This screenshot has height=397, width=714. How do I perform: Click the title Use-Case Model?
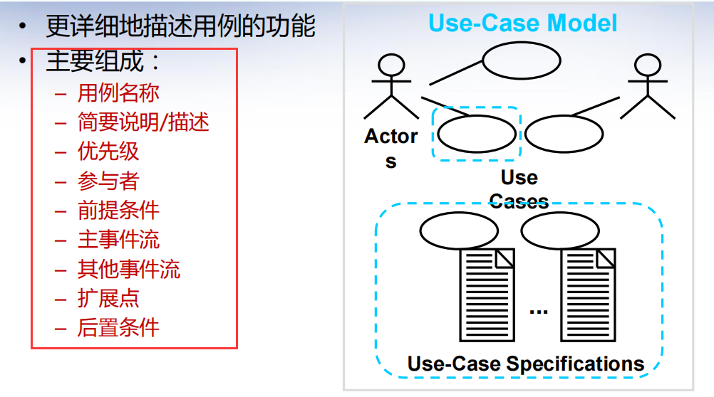pos(522,23)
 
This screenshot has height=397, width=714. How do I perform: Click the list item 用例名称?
pos(118,92)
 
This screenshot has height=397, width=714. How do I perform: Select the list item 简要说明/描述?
pos(143,122)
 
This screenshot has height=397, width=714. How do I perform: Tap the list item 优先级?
pos(108,152)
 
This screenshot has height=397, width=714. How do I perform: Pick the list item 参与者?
pos(108,181)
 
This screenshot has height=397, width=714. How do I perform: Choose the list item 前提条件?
pos(118,210)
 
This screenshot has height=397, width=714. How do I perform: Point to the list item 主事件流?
pos(118,239)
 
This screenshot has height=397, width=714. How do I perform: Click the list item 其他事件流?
pos(128,269)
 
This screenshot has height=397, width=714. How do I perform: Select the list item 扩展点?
pos(108,298)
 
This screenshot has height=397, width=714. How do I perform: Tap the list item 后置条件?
pos(118,327)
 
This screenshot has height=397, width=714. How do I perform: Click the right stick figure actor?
pos(646,87)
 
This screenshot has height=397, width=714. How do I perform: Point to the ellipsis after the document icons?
pos(539,310)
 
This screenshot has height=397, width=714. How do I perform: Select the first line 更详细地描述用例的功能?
pos(180,26)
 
